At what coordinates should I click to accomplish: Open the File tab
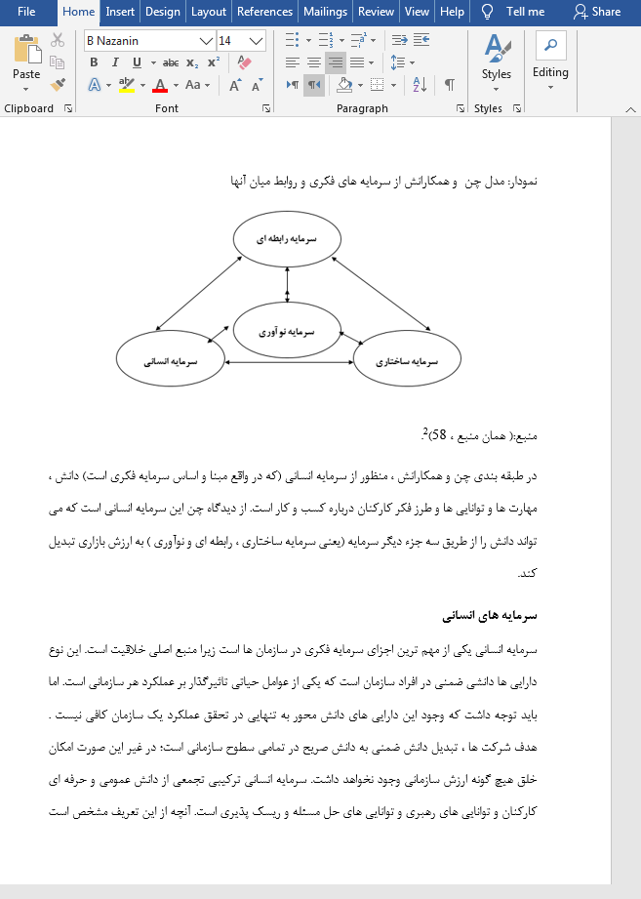pyautogui.click(x=25, y=12)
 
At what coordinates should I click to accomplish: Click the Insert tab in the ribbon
pyautogui.click(x=120, y=12)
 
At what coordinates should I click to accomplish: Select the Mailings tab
pyautogui.click(x=324, y=12)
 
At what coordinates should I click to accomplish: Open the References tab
pyautogui.click(x=264, y=12)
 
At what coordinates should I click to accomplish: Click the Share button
pyautogui.click(x=597, y=12)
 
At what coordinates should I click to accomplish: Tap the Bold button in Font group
pyautogui.click(x=94, y=62)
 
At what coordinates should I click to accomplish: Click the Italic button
pyautogui.click(x=115, y=62)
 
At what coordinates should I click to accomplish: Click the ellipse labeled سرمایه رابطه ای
pyautogui.click(x=287, y=238)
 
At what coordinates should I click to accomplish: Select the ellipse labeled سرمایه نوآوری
pyautogui.click(x=287, y=331)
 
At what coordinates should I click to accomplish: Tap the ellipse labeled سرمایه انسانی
pyautogui.click(x=171, y=360)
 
